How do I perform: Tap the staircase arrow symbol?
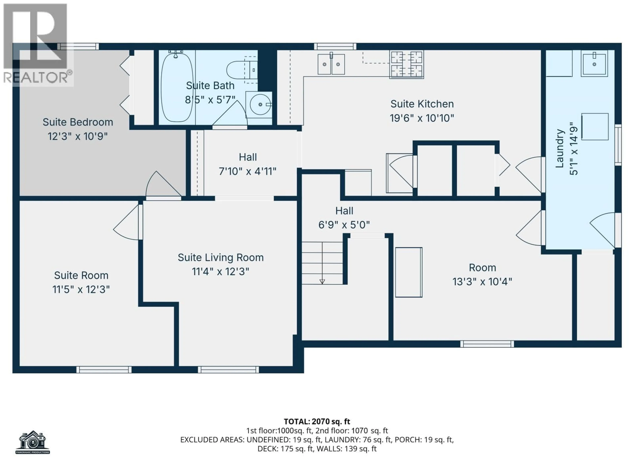point(322,281)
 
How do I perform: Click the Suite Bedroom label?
point(78,122)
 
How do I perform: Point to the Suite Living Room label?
point(220,257)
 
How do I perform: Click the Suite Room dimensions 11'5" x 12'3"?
point(81,289)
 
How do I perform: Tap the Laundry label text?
point(559,148)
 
